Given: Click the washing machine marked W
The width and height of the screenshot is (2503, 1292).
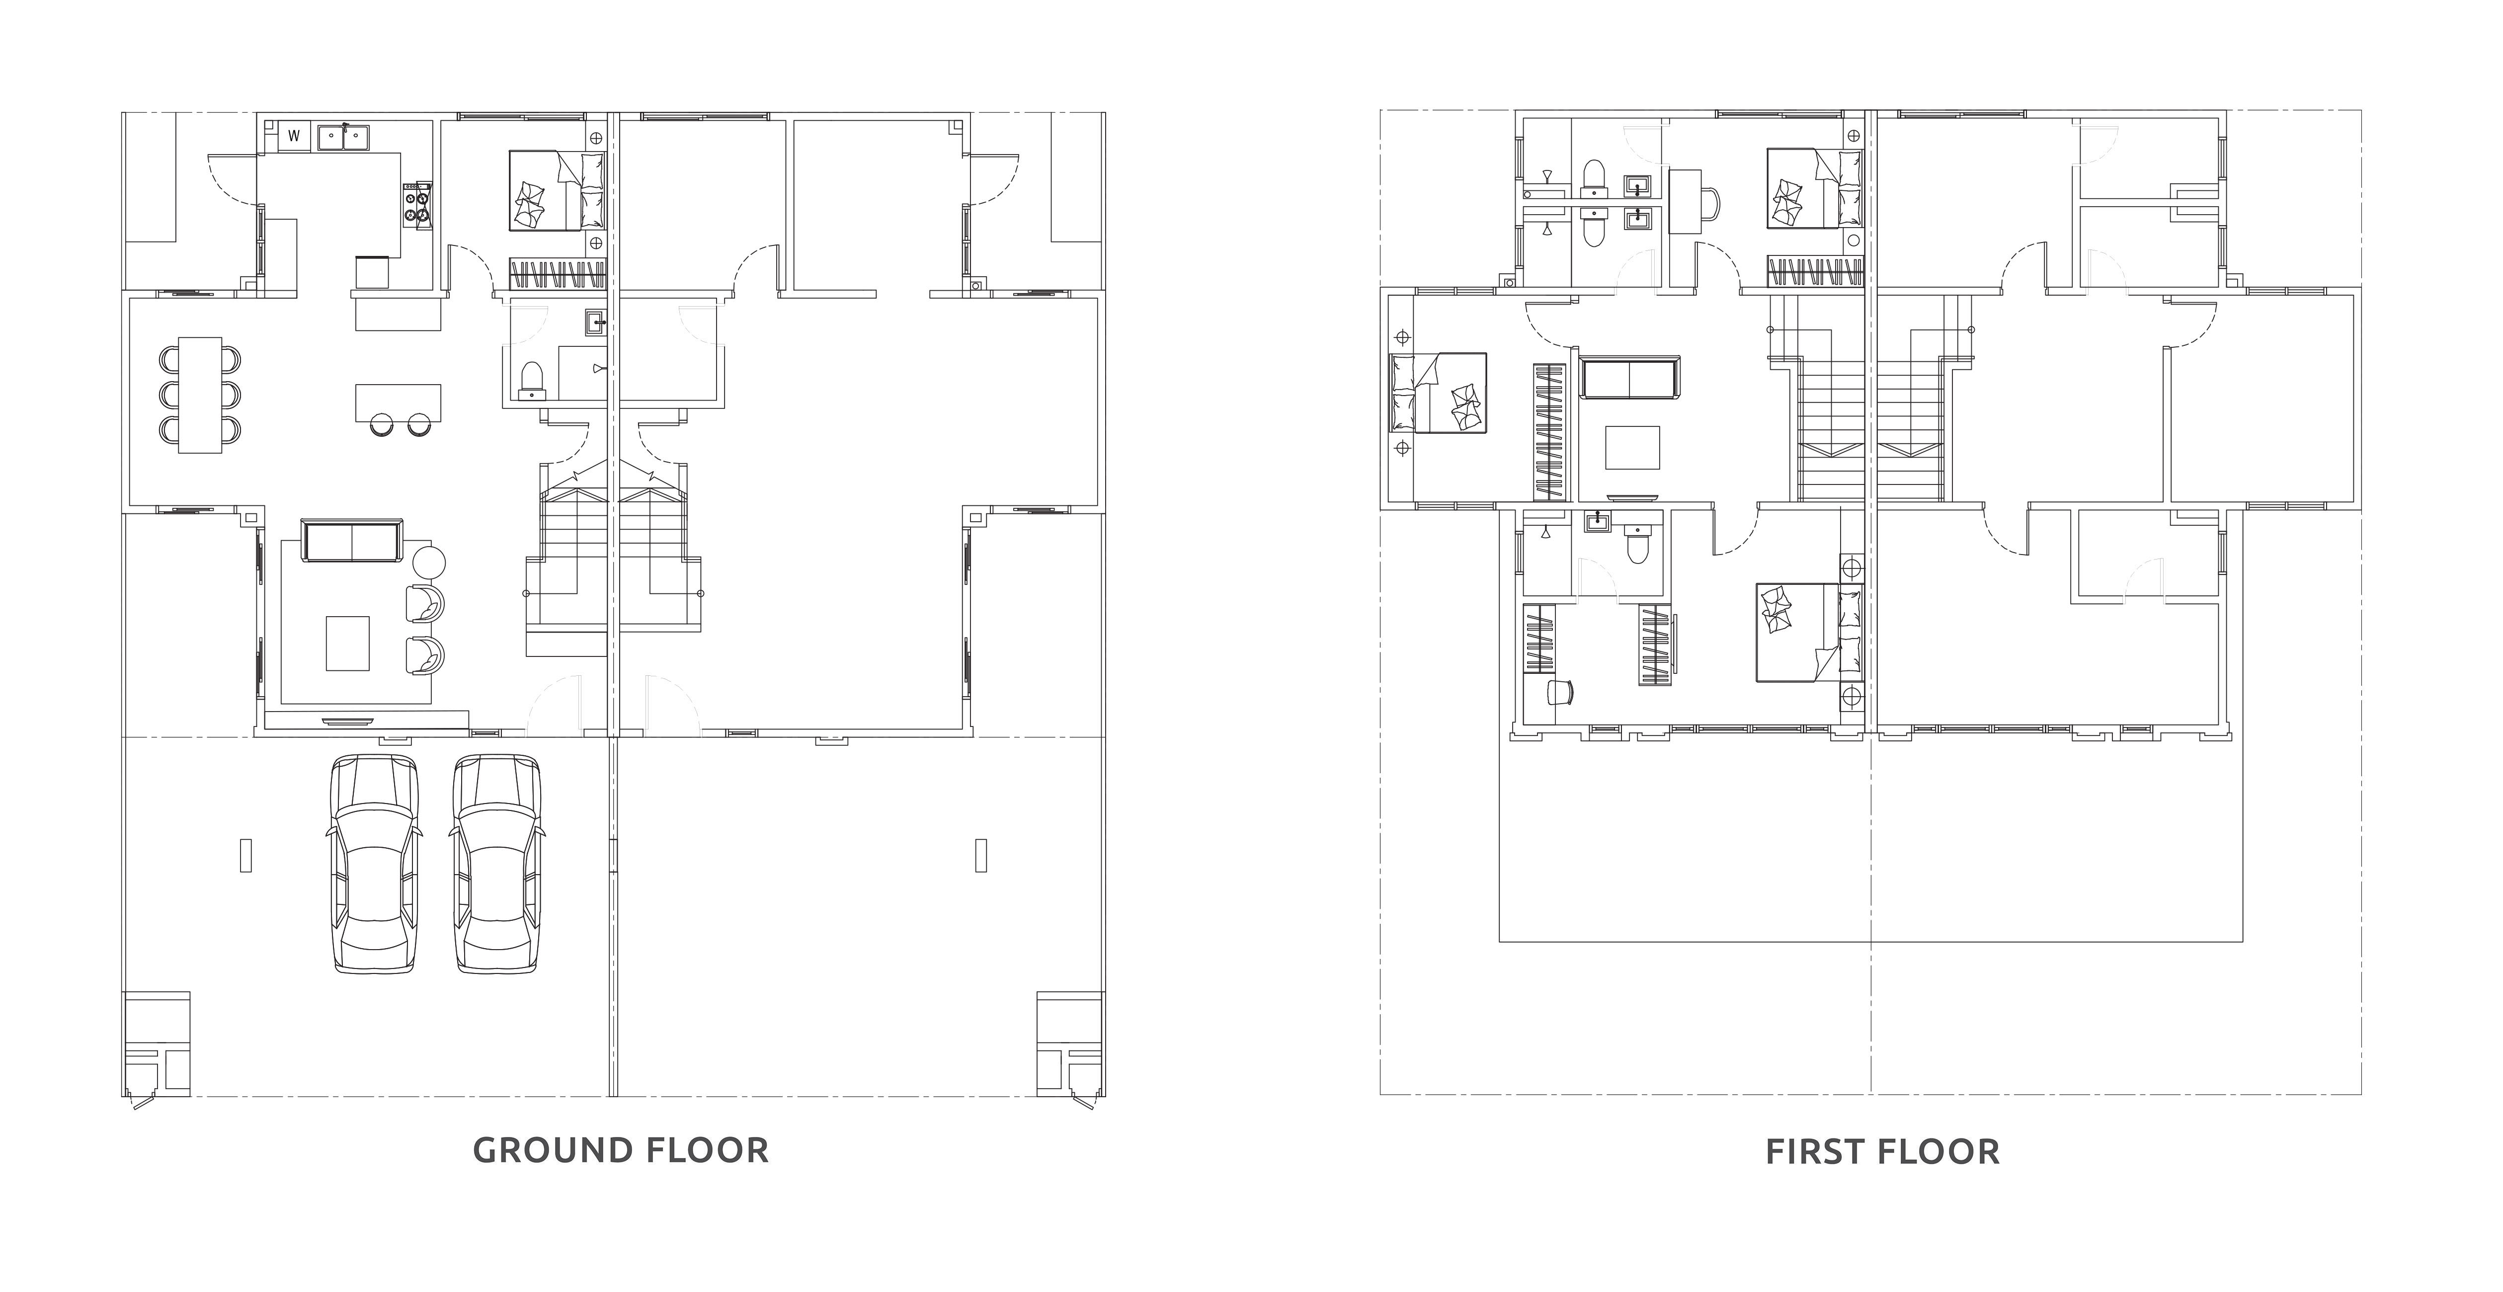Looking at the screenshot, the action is (x=294, y=136).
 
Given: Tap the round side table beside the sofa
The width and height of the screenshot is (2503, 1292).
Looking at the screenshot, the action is (x=428, y=562).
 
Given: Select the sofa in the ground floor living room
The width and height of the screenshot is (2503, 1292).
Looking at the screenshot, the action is (x=352, y=541).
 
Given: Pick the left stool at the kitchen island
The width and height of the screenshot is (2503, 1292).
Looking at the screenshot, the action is (x=381, y=423).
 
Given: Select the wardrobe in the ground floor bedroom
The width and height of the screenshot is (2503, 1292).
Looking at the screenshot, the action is (x=560, y=275).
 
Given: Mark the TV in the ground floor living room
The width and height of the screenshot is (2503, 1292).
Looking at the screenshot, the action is (x=347, y=721).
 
